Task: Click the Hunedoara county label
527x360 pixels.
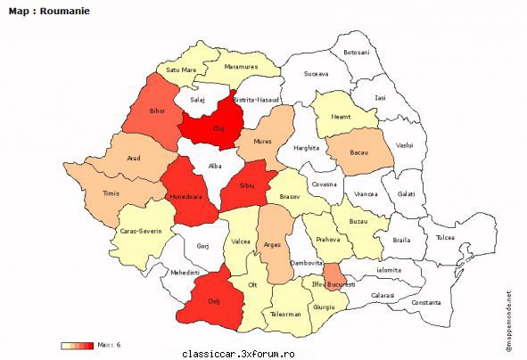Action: (x=188, y=192)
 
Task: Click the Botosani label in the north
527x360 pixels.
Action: (x=356, y=53)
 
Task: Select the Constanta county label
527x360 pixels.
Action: (x=426, y=302)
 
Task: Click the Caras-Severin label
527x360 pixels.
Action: (x=141, y=230)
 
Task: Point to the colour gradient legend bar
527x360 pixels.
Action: (x=76, y=345)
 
